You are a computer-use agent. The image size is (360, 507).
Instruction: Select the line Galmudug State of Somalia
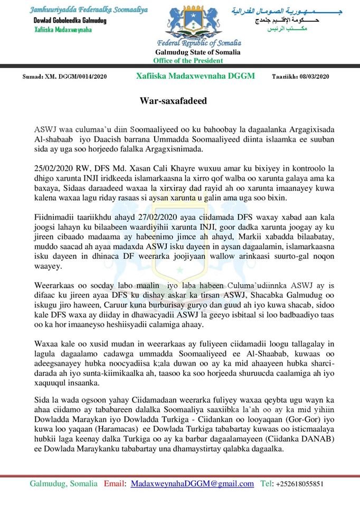(x=197, y=52)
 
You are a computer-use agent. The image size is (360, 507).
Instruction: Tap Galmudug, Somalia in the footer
(x=63, y=484)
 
